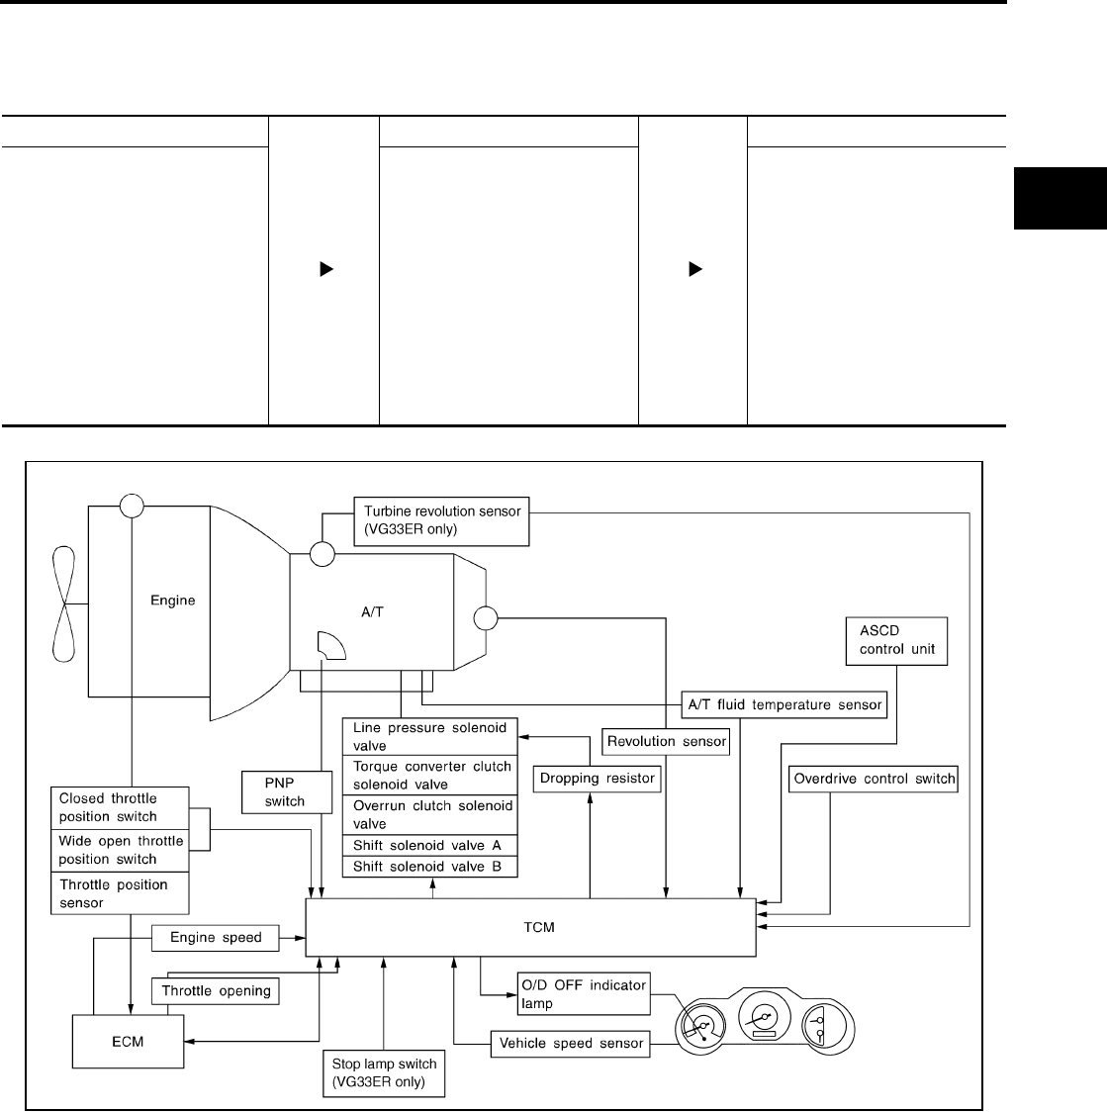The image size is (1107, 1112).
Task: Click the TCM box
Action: click(x=530, y=928)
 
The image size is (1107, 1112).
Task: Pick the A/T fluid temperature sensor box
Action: click(x=784, y=704)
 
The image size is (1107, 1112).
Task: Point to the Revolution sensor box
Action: click(x=667, y=741)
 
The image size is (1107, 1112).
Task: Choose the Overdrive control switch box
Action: click(x=874, y=779)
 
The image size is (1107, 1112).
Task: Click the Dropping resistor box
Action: click(x=597, y=778)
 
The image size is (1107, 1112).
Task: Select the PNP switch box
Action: click(x=286, y=791)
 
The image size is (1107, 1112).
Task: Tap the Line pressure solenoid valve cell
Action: click(x=430, y=736)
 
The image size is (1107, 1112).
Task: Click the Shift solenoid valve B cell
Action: click(x=430, y=867)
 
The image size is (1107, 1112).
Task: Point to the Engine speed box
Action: click(x=216, y=937)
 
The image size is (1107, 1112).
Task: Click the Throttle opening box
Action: click(x=216, y=990)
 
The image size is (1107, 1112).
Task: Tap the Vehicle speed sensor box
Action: click(x=571, y=1043)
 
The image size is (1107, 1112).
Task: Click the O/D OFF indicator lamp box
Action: click(x=583, y=994)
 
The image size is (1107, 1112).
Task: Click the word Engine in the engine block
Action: click(x=172, y=601)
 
